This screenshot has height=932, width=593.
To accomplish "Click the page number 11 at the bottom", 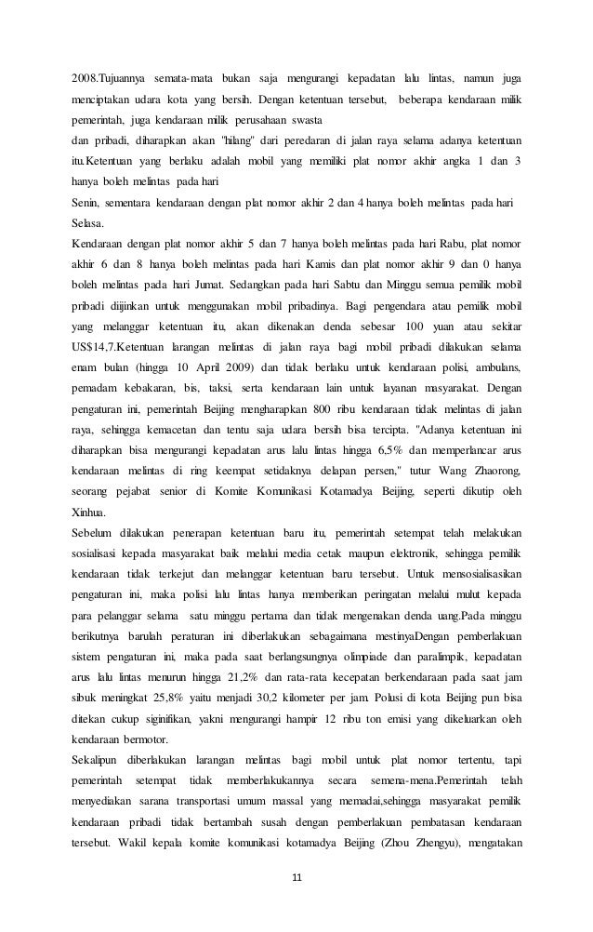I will pyautogui.click(x=297, y=876).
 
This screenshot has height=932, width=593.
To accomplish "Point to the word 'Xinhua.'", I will pyautogui.click(x=89, y=513).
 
